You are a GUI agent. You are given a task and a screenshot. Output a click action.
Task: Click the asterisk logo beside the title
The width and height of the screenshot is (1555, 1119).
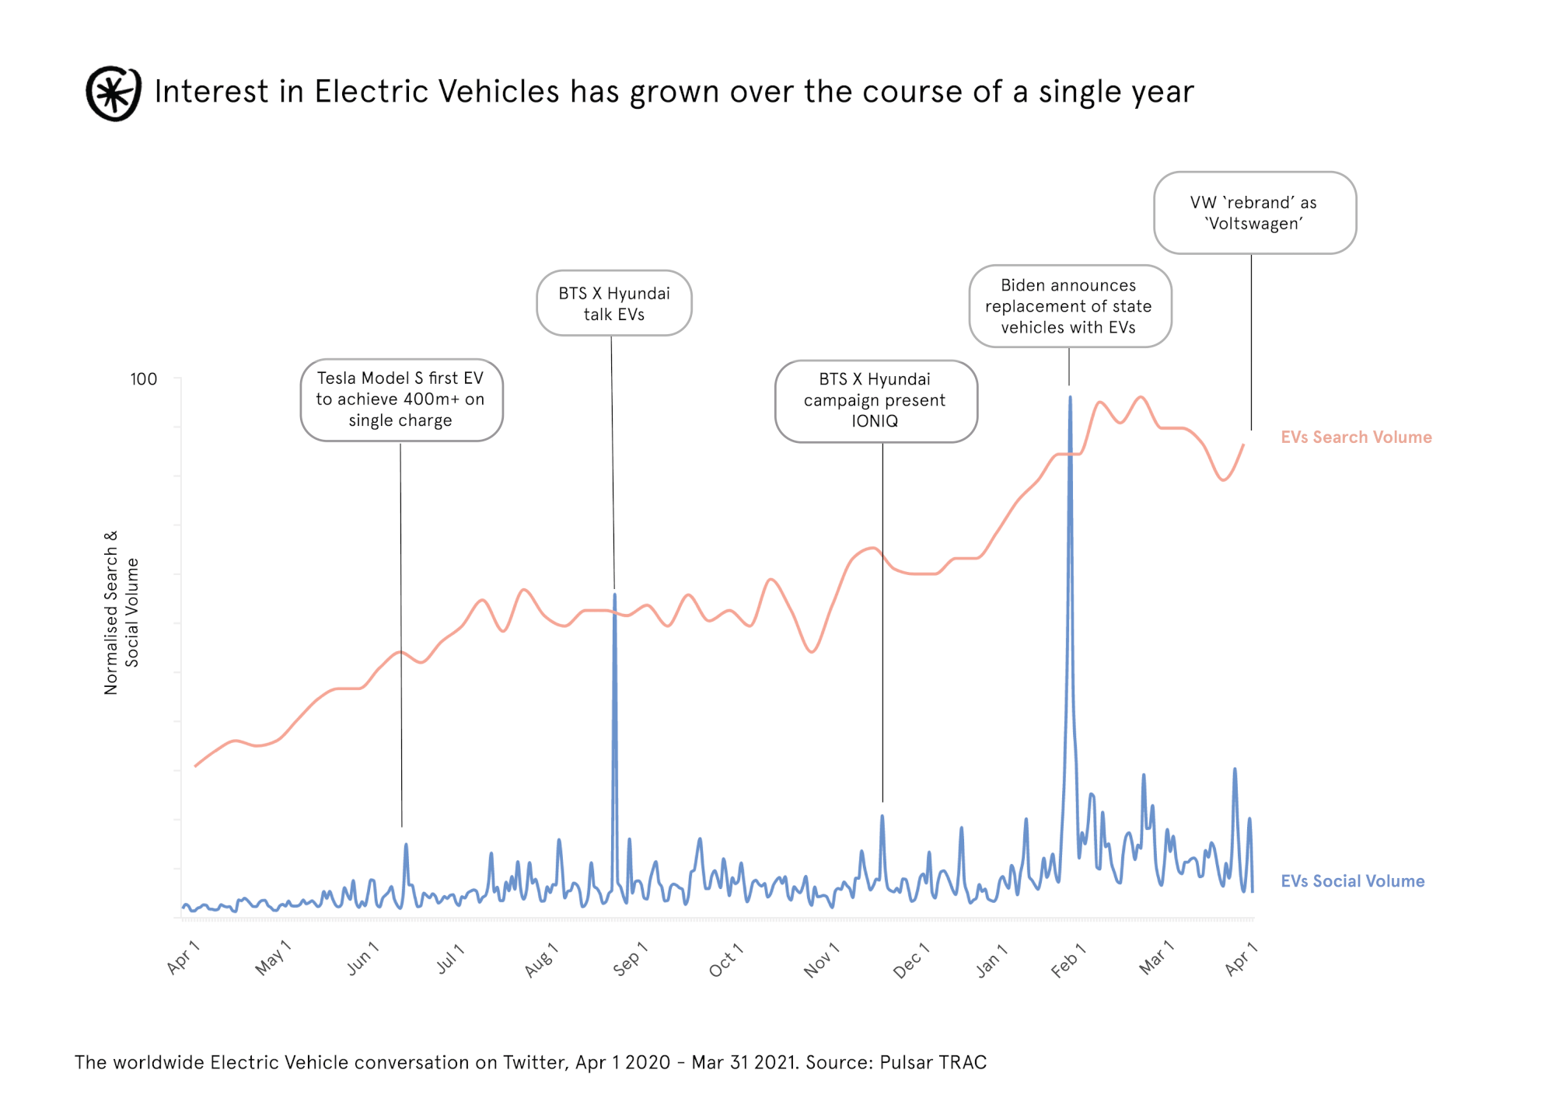(x=114, y=93)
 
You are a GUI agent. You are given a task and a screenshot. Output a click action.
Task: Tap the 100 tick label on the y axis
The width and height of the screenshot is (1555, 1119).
(x=143, y=379)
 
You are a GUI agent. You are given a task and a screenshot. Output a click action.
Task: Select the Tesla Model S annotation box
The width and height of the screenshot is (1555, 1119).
(x=401, y=399)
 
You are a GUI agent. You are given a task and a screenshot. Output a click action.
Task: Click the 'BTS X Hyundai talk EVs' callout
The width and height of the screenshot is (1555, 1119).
(x=613, y=303)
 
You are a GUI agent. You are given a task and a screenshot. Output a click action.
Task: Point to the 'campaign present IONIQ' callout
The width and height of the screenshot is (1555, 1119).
(x=875, y=400)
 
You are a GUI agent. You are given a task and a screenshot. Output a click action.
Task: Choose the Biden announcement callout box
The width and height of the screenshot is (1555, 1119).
(x=1069, y=306)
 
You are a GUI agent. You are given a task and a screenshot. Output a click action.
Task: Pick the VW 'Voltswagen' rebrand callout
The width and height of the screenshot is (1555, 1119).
(x=1254, y=213)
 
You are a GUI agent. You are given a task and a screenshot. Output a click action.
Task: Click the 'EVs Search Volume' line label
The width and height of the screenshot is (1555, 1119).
(x=1356, y=437)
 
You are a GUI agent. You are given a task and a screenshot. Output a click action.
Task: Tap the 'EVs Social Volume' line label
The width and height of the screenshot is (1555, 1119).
(x=1352, y=881)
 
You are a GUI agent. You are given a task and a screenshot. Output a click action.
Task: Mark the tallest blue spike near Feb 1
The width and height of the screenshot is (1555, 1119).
(x=1070, y=398)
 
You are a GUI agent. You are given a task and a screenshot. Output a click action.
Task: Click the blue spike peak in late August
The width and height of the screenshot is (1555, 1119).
(x=614, y=595)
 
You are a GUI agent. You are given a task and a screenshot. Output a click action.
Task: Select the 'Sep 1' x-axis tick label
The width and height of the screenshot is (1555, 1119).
(x=630, y=959)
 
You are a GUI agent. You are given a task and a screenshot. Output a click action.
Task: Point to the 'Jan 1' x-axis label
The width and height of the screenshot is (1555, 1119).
(x=991, y=960)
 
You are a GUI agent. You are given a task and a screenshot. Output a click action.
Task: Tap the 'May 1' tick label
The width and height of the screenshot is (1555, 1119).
(x=273, y=957)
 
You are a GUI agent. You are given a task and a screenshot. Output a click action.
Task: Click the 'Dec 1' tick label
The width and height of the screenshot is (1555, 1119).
(x=910, y=960)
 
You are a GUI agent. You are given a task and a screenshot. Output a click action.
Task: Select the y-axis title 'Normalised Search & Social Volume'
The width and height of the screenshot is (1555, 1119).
(x=121, y=612)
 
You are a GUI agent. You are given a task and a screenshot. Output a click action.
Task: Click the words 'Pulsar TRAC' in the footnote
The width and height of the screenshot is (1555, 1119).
(x=933, y=1062)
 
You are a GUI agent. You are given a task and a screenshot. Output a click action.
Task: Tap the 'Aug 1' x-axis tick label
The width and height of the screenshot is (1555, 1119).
(x=541, y=959)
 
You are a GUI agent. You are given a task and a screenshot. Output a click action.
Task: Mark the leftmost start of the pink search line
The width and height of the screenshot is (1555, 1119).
(x=195, y=765)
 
